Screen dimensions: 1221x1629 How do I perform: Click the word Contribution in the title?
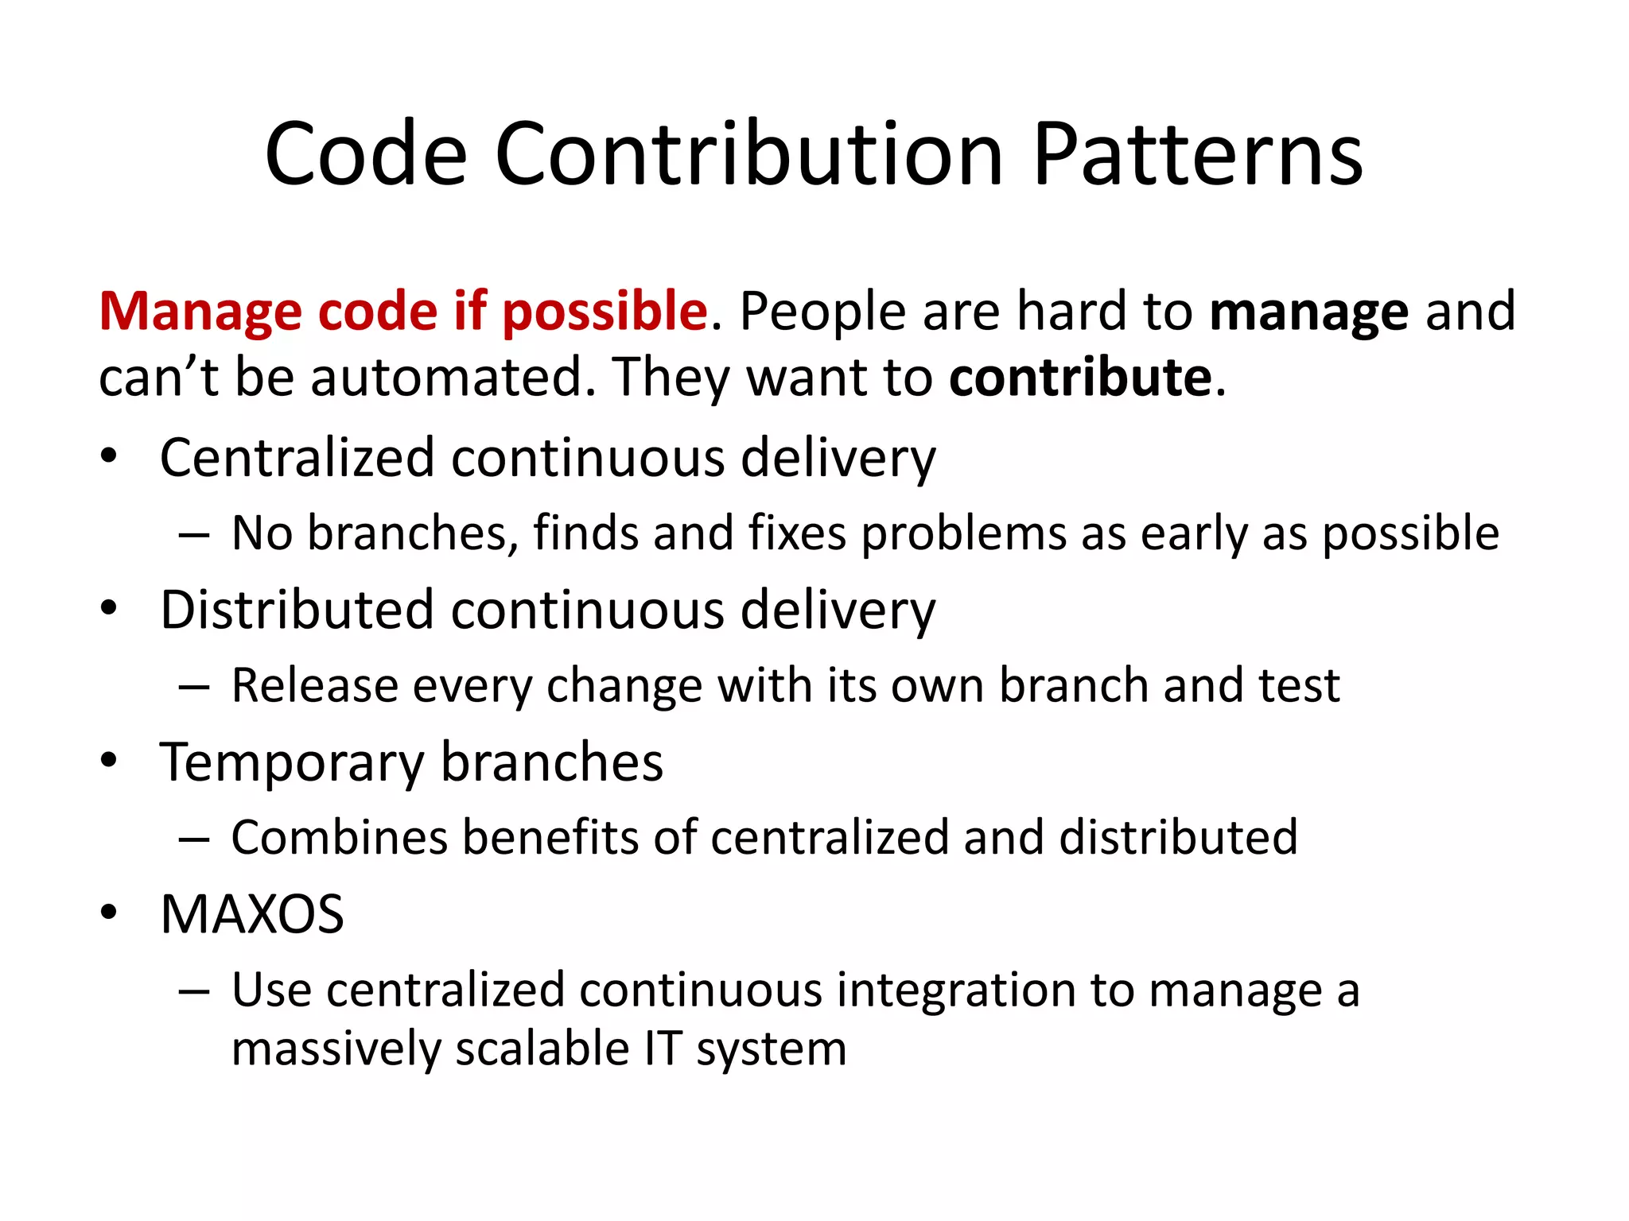point(749,154)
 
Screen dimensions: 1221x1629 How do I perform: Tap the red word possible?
point(605,312)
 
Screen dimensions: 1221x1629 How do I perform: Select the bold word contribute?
point(1081,377)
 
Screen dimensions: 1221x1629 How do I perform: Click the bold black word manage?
point(1309,312)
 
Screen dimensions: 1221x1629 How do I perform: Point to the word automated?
point(453,377)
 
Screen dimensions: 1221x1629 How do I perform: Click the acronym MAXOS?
point(252,914)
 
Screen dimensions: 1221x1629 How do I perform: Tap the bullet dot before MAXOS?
point(109,913)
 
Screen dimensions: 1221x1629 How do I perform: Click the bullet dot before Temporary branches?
point(109,760)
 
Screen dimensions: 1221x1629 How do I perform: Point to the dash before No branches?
point(194,535)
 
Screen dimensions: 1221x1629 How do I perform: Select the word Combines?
point(340,838)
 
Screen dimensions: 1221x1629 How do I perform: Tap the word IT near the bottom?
point(662,1049)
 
